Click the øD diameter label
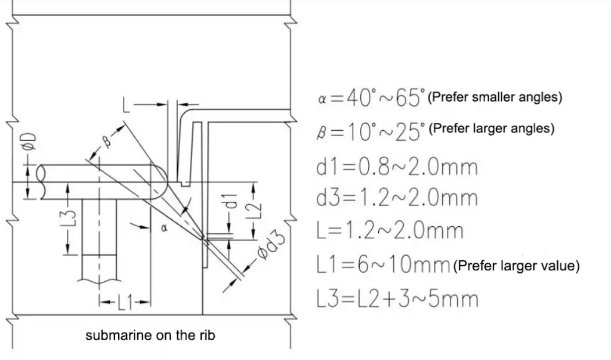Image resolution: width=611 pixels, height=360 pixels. tap(31, 141)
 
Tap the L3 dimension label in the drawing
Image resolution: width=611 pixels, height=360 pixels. tap(69, 219)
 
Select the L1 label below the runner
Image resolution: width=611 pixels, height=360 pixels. tap(125, 302)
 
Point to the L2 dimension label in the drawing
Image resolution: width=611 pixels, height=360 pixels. tap(254, 211)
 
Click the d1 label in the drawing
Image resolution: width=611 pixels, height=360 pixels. tap(232, 200)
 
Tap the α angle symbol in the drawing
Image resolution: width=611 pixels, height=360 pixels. tap(164, 227)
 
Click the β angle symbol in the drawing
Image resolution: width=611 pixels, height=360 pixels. tap(107, 141)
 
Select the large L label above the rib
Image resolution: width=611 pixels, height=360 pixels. tap(126, 104)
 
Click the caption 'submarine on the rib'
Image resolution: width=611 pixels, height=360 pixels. tap(150, 336)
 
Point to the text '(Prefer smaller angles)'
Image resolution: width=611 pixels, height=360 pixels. tap(495, 97)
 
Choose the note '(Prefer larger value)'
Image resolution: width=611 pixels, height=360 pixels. tap(516, 266)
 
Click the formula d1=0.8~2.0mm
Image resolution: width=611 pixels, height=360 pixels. tap(397, 167)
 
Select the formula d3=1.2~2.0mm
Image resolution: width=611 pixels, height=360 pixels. tap(397, 198)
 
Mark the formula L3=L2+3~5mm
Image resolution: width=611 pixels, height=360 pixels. tap(397, 299)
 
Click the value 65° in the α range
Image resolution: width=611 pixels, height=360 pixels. tap(410, 97)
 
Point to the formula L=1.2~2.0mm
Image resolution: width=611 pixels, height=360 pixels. tap(390, 230)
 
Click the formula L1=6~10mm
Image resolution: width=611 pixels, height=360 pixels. tap(384, 265)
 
